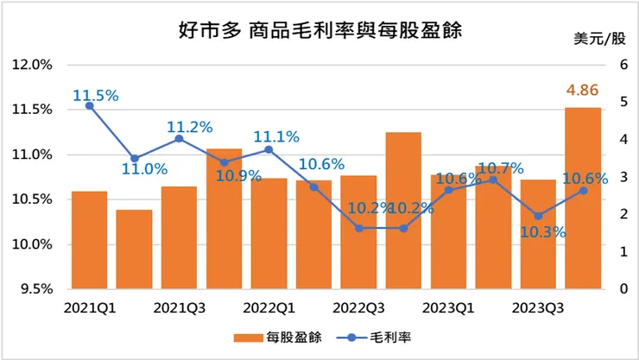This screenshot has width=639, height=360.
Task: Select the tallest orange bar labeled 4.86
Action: click(583, 198)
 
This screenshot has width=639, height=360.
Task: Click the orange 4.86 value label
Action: click(582, 89)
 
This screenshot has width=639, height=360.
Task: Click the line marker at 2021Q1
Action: click(90, 105)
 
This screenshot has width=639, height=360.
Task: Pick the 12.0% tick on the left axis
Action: click(32, 65)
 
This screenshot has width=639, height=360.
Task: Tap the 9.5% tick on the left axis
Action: click(35, 289)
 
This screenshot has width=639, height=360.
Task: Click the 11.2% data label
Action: click(188, 126)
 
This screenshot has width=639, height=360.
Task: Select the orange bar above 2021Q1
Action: click(90, 240)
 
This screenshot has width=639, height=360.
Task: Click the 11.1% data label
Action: click(276, 136)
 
